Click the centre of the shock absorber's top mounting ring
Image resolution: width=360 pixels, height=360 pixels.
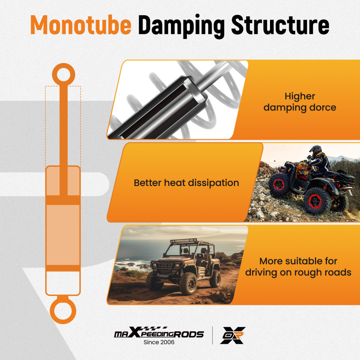64,75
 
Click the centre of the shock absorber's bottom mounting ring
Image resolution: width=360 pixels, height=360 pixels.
63,311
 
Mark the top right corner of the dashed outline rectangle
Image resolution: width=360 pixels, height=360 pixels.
81,86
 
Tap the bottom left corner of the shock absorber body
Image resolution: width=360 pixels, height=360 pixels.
46,296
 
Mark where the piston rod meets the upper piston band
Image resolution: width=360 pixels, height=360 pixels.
64,195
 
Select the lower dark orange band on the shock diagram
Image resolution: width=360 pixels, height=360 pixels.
63,268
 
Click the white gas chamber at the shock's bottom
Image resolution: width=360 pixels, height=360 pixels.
63,283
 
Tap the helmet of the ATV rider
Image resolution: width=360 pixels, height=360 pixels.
315,150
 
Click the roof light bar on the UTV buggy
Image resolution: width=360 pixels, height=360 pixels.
184,241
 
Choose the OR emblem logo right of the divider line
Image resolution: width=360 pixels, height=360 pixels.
233,335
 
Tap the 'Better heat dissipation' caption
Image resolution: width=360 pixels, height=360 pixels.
186,183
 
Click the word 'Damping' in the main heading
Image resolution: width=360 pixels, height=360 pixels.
181,26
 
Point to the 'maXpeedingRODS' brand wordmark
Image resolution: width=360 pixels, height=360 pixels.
159,332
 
